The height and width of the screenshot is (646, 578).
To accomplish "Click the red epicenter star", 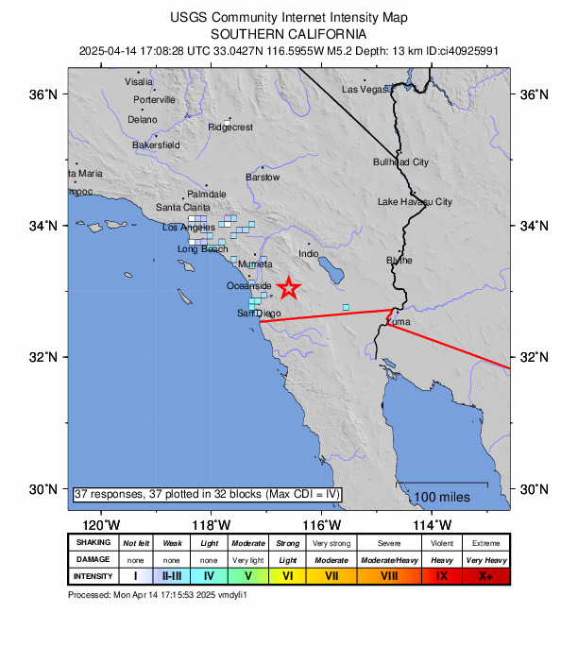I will [x=289, y=288].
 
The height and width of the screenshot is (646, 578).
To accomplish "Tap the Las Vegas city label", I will [x=365, y=89].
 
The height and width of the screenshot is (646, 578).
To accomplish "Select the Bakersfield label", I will [x=156, y=145].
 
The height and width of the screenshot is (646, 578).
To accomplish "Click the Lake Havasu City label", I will [x=415, y=202].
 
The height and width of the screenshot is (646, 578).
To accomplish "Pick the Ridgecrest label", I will [x=230, y=127].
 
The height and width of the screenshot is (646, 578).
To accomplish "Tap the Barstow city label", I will [x=263, y=178].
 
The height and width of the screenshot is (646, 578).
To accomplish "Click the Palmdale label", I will [x=207, y=194].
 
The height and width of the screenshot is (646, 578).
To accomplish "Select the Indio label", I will [x=309, y=254].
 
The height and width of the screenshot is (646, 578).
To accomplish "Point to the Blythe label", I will [x=399, y=260].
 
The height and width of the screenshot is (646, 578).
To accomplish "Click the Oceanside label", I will [x=249, y=286].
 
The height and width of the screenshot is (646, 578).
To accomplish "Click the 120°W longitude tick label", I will [x=100, y=524].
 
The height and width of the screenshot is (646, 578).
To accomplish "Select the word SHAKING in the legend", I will [x=93, y=543].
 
